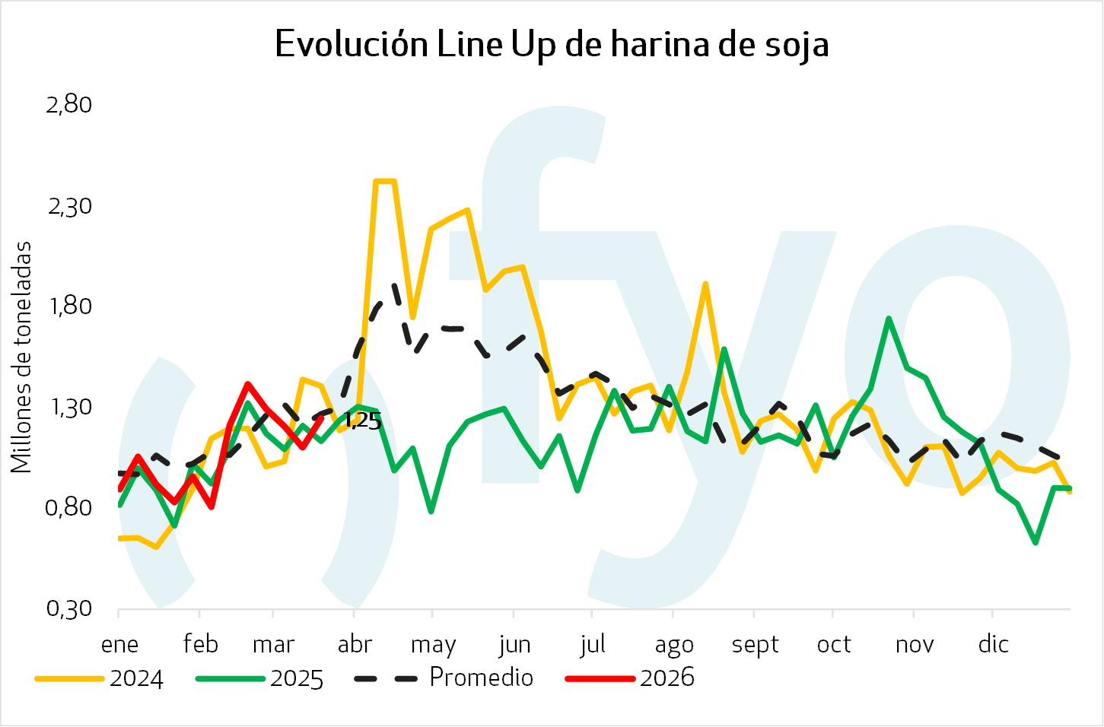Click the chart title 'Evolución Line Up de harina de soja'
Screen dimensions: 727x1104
(x=552, y=44)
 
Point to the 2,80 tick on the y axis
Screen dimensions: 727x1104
(x=69, y=104)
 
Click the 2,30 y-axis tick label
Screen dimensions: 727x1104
(x=69, y=206)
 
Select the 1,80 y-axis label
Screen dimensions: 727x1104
(x=69, y=306)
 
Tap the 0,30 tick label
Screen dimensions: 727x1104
(x=69, y=608)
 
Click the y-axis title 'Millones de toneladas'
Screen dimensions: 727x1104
(x=21, y=357)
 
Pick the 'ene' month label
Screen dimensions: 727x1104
(x=120, y=645)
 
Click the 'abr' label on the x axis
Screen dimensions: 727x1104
(x=355, y=645)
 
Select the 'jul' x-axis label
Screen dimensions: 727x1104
(x=592, y=645)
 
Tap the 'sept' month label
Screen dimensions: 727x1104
(x=755, y=645)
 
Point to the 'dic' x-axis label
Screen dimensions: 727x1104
(x=993, y=645)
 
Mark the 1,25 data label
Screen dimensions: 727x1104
(x=363, y=421)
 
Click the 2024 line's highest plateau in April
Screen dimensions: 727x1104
(x=385, y=181)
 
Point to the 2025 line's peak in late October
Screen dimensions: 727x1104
(x=888, y=319)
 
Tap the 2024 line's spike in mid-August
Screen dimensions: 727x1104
(x=706, y=284)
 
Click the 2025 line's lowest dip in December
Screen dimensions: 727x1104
(x=1036, y=542)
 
